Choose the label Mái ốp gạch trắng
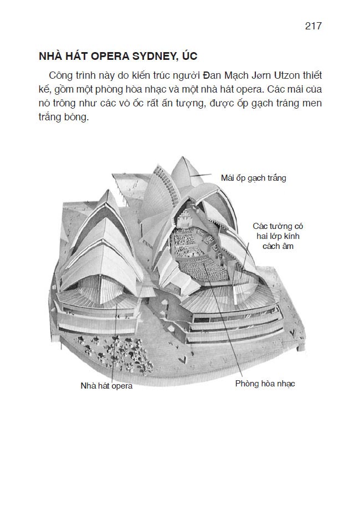click(x=253, y=178)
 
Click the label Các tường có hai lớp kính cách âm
click(x=278, y=236)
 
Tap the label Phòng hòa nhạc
click(x=265, y=384)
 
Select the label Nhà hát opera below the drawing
click(x=106, y=386)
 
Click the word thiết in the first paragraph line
click(x=311, y=75)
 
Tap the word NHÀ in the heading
click(x=49, y=57)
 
